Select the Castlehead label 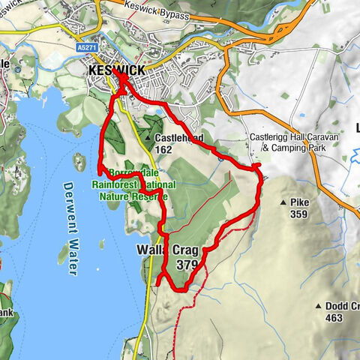click(x=181, y=139)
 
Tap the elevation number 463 click(x=334, y=318)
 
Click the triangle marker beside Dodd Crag click(x=319, y=306)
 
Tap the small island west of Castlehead click(x=79, y=162)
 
